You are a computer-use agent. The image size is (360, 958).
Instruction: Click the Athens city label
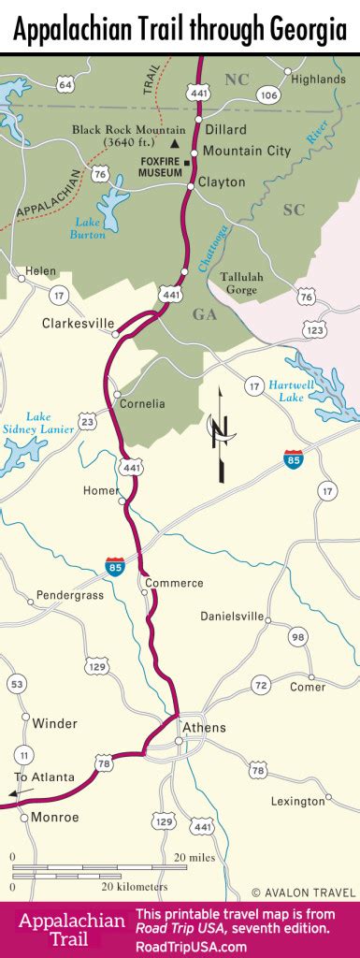(x=204, y=728)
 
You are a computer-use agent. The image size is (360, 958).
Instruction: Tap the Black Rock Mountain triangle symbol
(x=175, y=144)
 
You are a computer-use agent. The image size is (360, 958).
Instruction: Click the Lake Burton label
(x=88, y=228)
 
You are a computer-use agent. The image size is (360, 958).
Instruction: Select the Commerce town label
(x=175, y=583)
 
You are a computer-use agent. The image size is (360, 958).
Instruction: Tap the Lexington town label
(x=297, y=802)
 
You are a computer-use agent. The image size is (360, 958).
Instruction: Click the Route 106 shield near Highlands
(x=269, y=94)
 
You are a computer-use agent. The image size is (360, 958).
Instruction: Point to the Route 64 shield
(x=65, y=84)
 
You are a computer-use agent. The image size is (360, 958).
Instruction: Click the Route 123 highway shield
(x=315, y=330)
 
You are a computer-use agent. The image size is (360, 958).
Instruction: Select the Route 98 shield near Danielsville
(x=297, y=637)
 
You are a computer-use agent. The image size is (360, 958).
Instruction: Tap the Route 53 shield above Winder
(x=17, y=686)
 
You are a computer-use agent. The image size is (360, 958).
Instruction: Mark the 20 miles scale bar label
(x=194, y=857)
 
